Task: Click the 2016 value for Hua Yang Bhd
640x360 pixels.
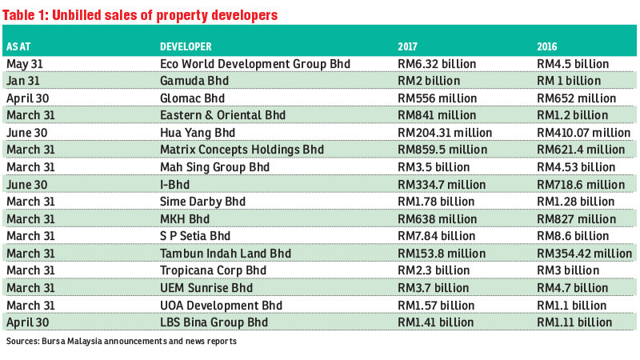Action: point(584,133)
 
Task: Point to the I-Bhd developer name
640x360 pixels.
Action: point(174,184)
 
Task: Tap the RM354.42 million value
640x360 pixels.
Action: point(584,253)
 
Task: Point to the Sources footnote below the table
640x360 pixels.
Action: point(120,342)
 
